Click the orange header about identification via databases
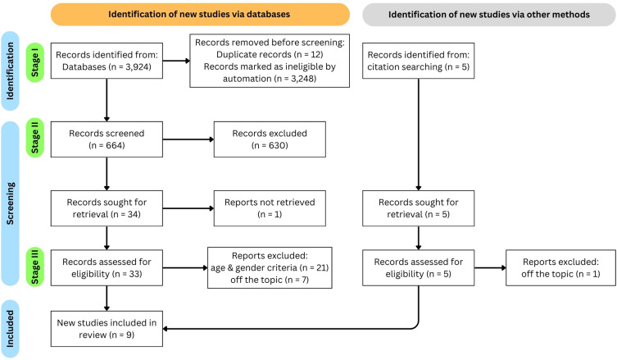(x=200, y=15)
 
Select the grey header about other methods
(x=488, y=15)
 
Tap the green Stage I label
(x=35, y=62)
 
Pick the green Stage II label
(x=35, y=138)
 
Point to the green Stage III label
(x=35, y=267)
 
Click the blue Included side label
(x=10, y=329)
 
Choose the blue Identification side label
(x=10, y=71)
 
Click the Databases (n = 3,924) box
(x=107, y=61)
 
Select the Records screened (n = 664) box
(x=107, y=139)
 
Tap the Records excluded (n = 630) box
(x=270, y=139)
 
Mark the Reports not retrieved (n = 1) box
(x=270, y=208)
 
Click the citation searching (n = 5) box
(x=418, y=61)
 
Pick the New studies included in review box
(x=107, y=329)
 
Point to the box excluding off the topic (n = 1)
(x=560, y=268)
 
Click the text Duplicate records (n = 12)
(x=270, y=54)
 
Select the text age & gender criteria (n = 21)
(x=270, y=268)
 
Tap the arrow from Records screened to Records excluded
(x=188, y=139)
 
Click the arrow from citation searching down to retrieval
(x=418, y=134)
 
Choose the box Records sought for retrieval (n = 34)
(x=107, y=208)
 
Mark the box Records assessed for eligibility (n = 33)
(x=107, y=268)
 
